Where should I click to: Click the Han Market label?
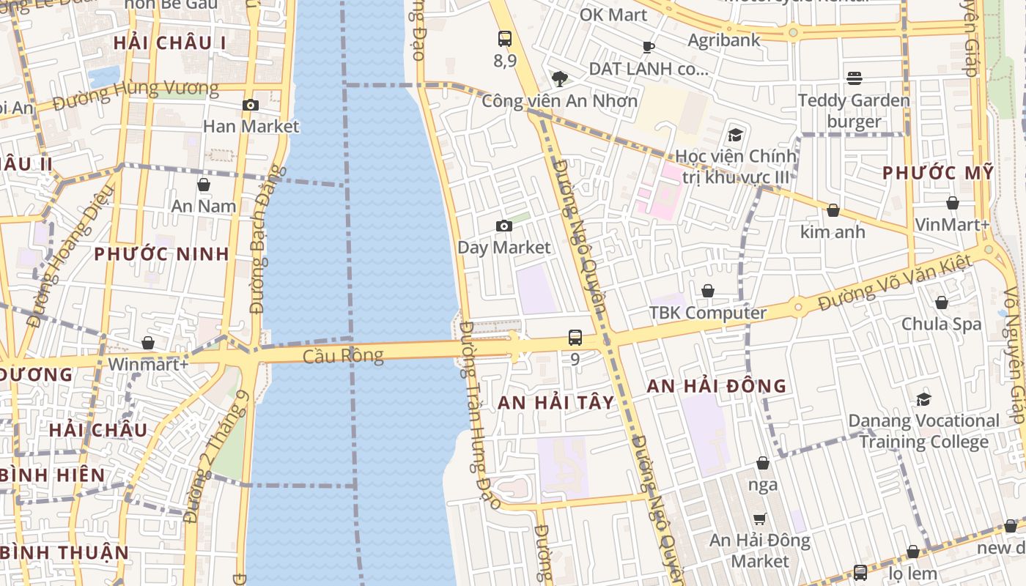pyautogui.click(x=251, y=126)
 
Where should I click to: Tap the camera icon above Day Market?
pyautogui.click(x=504, y=226)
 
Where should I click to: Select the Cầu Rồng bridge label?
pyautogui.click(x=344, y=356)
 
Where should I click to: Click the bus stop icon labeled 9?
pyautogui.click(x=575, y=338)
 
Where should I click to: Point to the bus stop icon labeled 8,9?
pyautogui.click(x=505, y=39)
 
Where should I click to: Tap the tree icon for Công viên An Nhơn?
pyautogui.click(x=559, y=78)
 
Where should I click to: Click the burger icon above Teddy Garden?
pyautogui.click(x=855, y=78)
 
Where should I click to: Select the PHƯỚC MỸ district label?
pyautogui.click(x=937, y=173)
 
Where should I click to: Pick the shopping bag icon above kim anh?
pyautogui.click(x=833, y=211)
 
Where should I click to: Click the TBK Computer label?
pyautogui.click(x=708, y=313)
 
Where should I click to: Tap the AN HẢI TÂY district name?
pyautogui.click(x=566, y=402)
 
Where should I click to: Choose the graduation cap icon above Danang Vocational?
pyautogui.click(x=923, y=399)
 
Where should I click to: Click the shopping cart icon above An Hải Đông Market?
pyautogui.click(x=760, y=519)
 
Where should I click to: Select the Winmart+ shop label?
pyautogui.click(x=148, y=364)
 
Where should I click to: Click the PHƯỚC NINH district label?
pyautogui.click(x=161, y=254)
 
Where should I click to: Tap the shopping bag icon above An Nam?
pyautogui.click(x=204, y=185)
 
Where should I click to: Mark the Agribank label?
pyautogui.click(x=724, y=40)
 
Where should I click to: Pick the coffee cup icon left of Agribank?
pyautogui.click(x=648, y=48)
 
